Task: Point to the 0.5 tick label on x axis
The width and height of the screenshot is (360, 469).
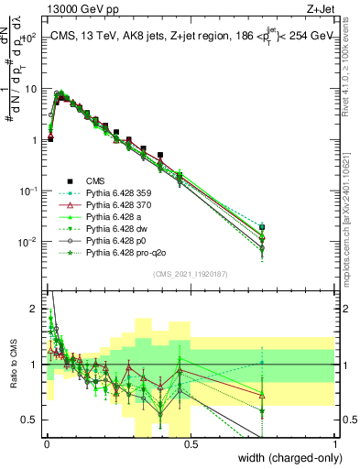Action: click(x=191, y=444)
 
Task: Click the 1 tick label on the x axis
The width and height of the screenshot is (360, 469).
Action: click(x=336, y=444)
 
